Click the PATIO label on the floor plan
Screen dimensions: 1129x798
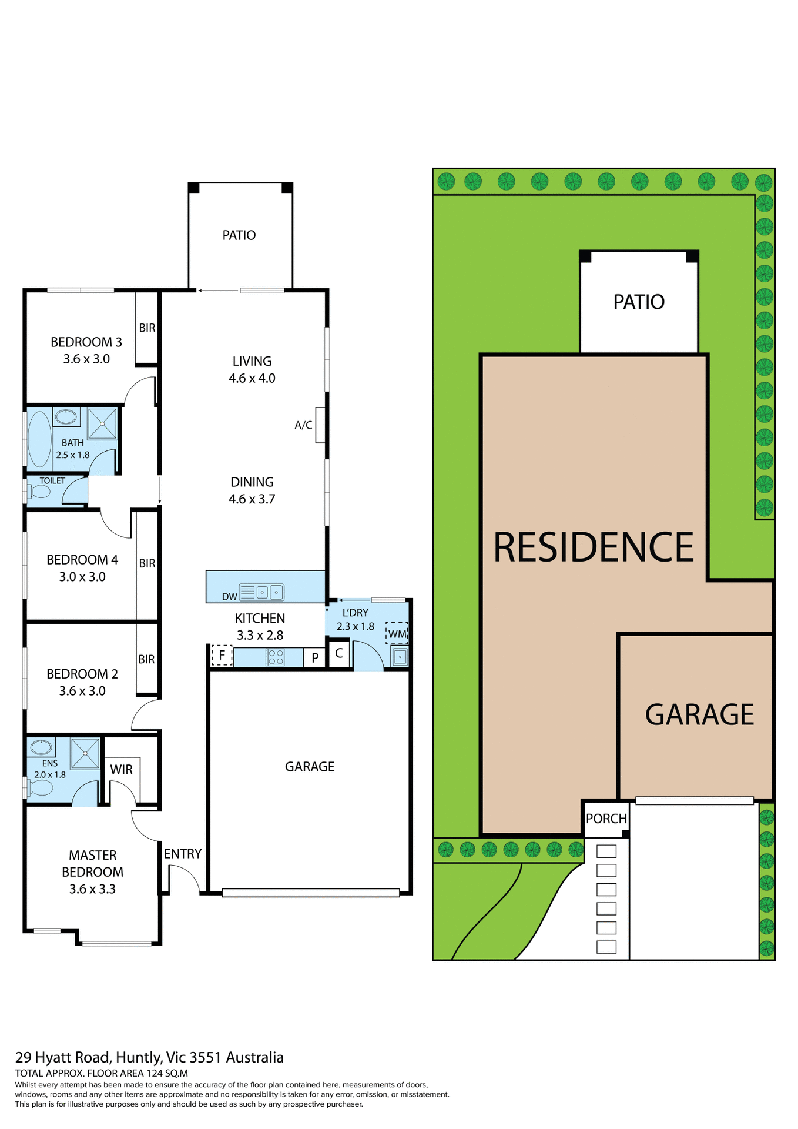239,235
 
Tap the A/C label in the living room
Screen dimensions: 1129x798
303,425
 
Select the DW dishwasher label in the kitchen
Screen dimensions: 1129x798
229,597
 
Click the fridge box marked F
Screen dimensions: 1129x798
222,655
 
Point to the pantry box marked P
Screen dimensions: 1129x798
315,658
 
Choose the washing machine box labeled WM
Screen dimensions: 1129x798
397,634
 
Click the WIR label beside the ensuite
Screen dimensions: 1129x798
121,770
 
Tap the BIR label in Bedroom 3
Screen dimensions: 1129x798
147,328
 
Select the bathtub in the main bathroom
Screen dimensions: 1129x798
40,439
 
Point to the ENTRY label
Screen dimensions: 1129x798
183,854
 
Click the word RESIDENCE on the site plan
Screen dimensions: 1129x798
594,547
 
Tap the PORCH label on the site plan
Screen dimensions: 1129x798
606,819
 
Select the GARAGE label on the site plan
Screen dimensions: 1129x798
699,715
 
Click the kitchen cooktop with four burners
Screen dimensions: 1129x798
275,657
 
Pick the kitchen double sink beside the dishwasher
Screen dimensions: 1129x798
269,592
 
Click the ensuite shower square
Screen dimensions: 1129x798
85,753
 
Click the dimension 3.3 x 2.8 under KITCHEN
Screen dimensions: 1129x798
260,635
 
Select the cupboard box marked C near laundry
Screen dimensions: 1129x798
339,653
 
